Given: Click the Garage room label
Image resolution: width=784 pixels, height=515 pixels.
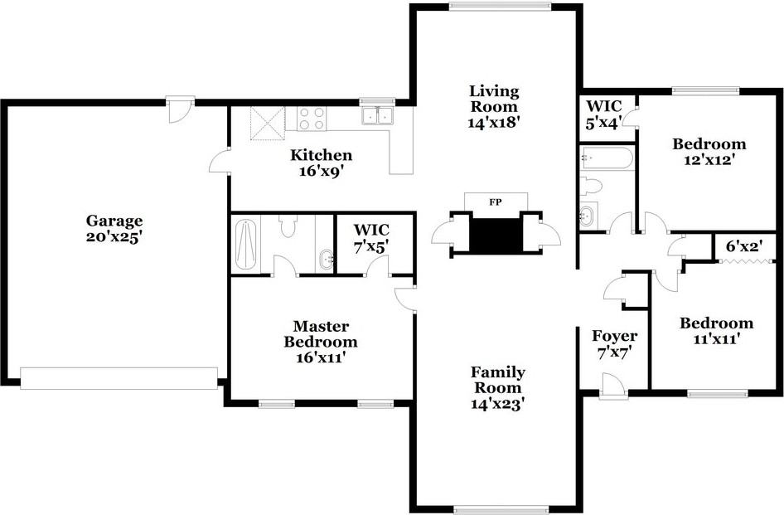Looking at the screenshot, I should click(x=114, y=228).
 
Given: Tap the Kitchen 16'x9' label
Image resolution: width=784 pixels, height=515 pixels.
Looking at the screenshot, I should click(x=321, y=163).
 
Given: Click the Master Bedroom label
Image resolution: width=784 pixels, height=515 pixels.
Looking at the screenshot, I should click(x=321, y=342).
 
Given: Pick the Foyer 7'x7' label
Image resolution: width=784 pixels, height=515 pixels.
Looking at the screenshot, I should click(x=614, y=343).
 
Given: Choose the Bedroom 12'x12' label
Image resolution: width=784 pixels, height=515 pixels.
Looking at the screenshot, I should click(x=708, y=151).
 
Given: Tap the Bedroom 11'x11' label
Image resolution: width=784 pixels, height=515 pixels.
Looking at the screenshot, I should click(x=716, y=330).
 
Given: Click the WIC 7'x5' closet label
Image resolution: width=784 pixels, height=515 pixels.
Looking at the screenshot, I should click(x=370, y=236).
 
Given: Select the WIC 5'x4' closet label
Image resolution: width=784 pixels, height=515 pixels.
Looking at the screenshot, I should click(x=604, y=114).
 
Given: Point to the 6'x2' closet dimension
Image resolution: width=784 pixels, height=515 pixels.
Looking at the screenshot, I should click(x=744, y=246).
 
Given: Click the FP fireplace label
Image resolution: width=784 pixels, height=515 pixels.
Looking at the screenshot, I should click(x=496, y=202).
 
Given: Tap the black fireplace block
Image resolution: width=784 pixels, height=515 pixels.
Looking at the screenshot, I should click(x=496, y=231).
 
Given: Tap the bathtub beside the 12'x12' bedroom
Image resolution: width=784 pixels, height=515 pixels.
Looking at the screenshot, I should click(x=607, y=157).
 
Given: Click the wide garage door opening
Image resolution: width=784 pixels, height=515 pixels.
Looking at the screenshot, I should click(x=119, y=377).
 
